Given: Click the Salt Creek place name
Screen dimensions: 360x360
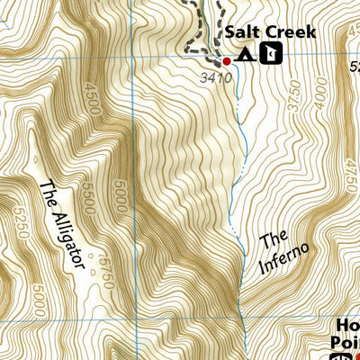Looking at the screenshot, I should pos(270,33).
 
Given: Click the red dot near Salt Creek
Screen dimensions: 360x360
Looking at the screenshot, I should pos(227,60).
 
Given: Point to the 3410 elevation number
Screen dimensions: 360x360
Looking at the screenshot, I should pos(218,77).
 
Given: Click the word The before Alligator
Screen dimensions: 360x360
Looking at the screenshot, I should pos(48,195).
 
